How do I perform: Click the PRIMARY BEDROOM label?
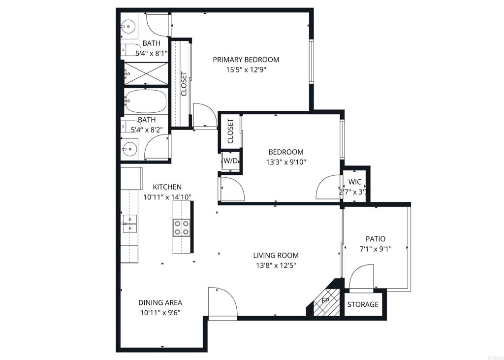click(x=246, y=60)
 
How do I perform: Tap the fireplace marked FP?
click(x=325, y=301)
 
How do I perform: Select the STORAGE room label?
click(x=363, y=304)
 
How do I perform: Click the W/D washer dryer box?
click(x=231, y=161)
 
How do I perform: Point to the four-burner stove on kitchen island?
click(x=181, y=228)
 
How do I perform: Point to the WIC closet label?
click(x=355, y=181)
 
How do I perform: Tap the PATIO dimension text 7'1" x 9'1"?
click(x=376, y=249)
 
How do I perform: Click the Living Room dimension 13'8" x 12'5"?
click(x=276, y=265)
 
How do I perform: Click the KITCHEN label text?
click(x=167, y=187)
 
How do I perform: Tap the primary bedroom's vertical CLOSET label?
click(x=184, y=84)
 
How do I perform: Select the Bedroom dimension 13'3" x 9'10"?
click(x=285, y=162)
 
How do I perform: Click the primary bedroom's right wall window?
click(x=311, y=61)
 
